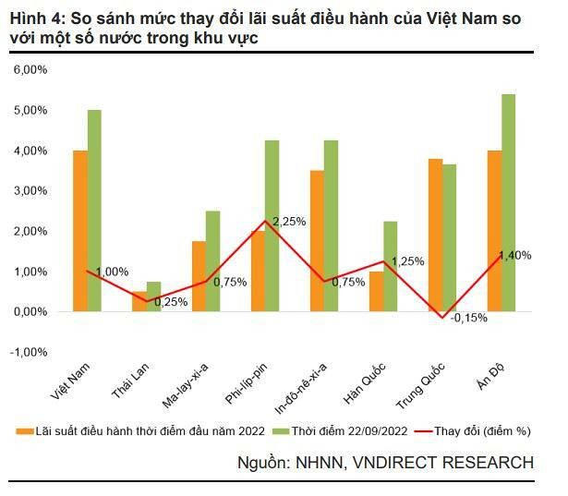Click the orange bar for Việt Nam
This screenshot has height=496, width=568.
coord(80,231)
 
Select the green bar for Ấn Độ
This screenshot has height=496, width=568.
coord(508,203)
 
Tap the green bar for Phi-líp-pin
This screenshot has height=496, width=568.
coord(272,226)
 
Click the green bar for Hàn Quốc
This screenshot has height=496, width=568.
coord(390,266)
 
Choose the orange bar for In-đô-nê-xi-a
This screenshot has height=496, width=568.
coord(317,240)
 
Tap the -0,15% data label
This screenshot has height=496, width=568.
coord(468,318)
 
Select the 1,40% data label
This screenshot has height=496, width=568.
coord(514,255)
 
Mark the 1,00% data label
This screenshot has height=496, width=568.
coord(112,272)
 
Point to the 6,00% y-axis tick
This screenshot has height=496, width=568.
coord(30,69)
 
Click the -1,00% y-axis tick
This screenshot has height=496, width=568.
coord(29,352)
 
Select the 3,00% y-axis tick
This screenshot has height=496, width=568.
coord(30,190)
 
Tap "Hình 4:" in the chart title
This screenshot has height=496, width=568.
coord(37,16)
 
